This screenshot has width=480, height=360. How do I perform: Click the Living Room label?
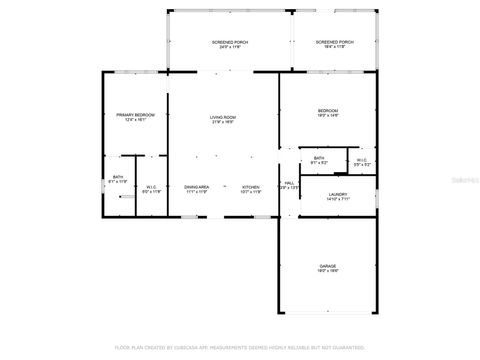pyautogui.click(x=222, y=117)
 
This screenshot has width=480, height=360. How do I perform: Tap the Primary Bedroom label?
pyautogui.click(x=133, y=115)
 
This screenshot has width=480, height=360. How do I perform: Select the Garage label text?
pyautogui.click(x=327, y=267)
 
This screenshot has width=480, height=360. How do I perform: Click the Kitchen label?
pyautogui.click(x=250, y=186)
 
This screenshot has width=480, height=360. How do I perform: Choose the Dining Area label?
pyautogui.click(x=196, y=186)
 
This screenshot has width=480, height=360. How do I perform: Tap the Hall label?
pyautogui.click(x=288, y=184)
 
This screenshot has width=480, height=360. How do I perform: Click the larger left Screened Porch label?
pyautogui.click(x=230, y=42)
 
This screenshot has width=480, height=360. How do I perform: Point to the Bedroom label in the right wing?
pyautogui.click(x=328, y=110)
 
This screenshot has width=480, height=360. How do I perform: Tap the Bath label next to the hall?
pyautogui.click(x=318, y=158)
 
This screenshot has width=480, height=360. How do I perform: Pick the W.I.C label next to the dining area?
pyautogui.click(x=151, y=186)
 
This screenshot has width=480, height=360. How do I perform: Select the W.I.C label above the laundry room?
pyautogui.click(x=361, y=158)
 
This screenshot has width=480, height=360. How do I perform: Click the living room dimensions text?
pyautogui.click(x=222, y=123)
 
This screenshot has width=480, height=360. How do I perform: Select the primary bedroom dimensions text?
pyautogui.click(x=133, y=121)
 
